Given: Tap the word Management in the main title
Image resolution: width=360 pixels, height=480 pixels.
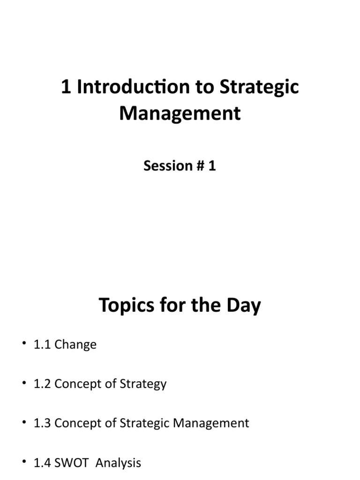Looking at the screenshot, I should click(x=180, y=113).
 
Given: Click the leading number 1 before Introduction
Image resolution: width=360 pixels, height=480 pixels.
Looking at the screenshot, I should click(x=66, y=88).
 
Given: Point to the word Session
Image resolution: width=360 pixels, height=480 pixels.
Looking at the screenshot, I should click(x=162, y=166).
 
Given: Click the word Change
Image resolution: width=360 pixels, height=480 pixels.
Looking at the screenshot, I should click(x=75, y=345).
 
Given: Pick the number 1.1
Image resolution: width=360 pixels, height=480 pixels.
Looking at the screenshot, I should click(x=43, y=345).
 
